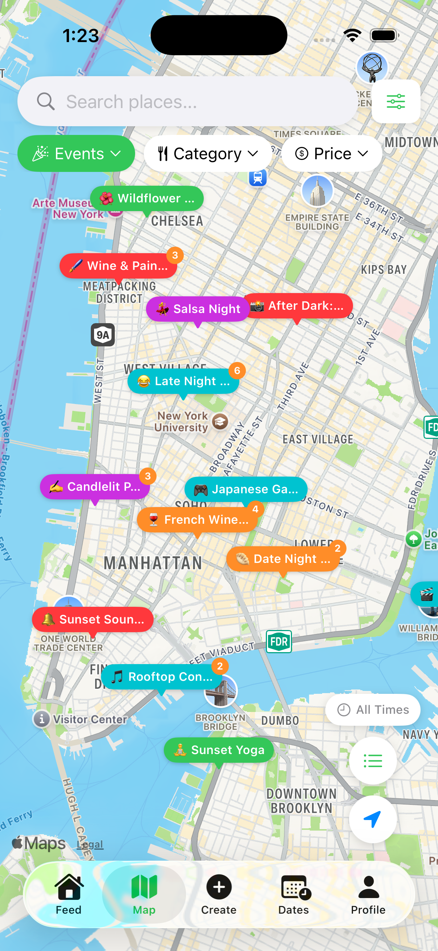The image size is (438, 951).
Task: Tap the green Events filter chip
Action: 76,153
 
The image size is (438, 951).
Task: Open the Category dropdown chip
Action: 208,153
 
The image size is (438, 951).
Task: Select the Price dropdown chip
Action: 332,153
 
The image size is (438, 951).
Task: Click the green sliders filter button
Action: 396,102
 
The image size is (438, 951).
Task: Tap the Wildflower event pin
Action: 147,198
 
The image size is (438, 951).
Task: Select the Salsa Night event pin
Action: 198,309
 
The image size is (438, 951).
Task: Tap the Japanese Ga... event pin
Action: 246,489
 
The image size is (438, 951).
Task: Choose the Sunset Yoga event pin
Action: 219,750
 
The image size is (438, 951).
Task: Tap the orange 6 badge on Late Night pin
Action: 237,370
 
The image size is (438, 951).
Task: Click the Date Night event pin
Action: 284,559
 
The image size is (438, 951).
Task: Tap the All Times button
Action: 373,709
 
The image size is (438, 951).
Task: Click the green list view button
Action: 373,761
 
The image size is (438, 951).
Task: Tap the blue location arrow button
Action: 373,819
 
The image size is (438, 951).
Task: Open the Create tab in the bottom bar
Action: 219,894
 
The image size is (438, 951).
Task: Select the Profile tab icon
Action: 368,894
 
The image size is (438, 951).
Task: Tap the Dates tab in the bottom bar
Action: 294,894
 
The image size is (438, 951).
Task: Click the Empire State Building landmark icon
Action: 317,191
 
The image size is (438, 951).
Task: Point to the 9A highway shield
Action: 103,335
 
